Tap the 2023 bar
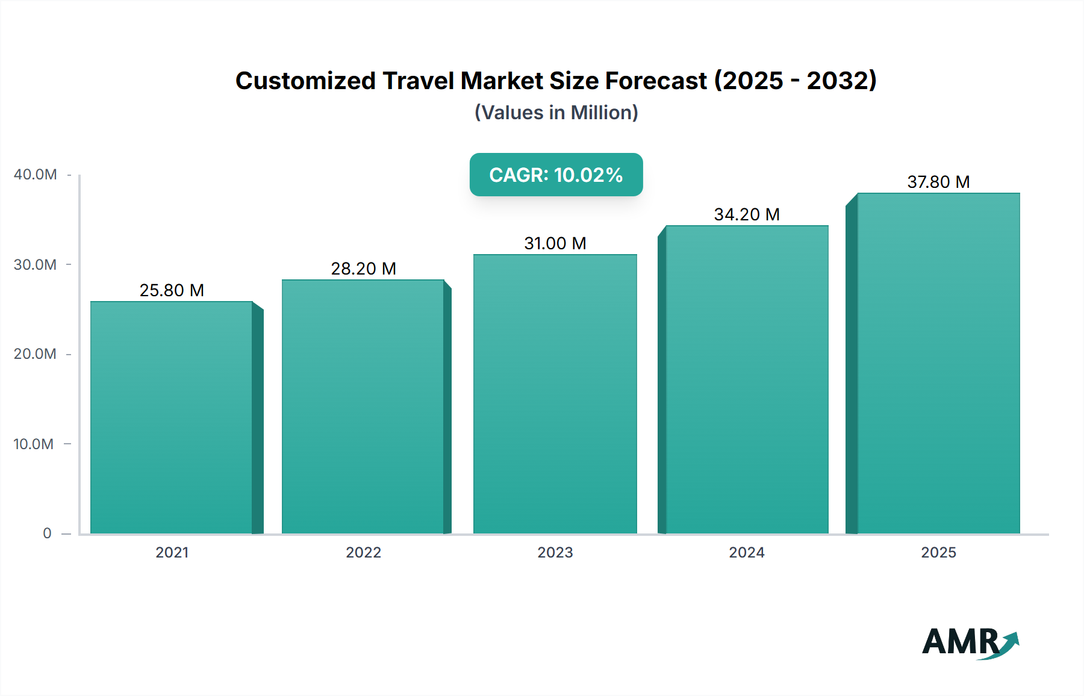[555, 394]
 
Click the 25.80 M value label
[172, 290]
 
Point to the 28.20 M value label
[363, 269]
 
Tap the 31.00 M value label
[555, 243]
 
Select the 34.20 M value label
[747, 214]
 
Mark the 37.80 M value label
[938, 182]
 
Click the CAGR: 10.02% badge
[556, 175]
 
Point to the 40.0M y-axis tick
[35, 175]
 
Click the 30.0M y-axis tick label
[35, 264]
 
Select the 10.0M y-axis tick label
[34, 444]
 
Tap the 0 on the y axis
[47, 533]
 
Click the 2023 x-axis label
[555, 552]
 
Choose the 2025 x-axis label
[938, 552]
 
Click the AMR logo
[970, 642]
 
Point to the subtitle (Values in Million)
[556, 113]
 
